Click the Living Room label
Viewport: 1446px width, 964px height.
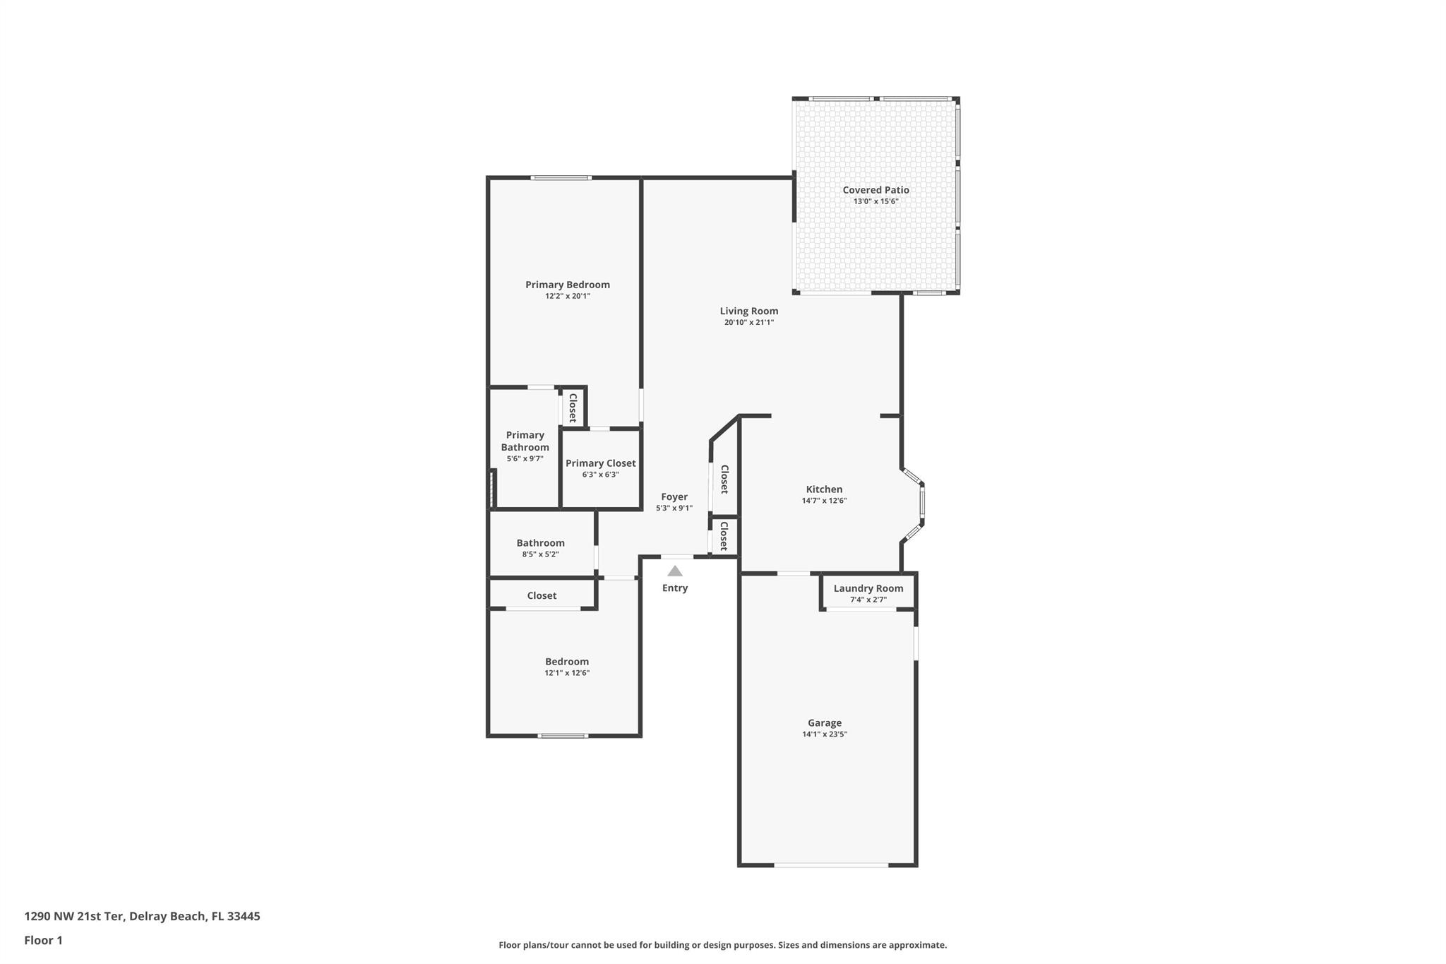tap(748, 311)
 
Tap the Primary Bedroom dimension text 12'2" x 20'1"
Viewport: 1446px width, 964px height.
tap(567, 297)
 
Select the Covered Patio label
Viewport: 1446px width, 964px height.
tap(876, 190)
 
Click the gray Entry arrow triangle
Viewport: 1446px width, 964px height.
tap(675, 571)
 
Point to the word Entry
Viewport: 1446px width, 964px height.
tap(675, 588)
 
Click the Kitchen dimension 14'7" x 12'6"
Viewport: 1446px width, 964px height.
tap(824, 501)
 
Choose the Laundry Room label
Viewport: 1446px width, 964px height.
tap(868, 588)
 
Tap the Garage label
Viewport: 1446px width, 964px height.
tap(824, 722)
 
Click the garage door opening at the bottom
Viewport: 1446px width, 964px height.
tap(830, 864)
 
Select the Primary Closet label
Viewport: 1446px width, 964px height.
tap(600, 463)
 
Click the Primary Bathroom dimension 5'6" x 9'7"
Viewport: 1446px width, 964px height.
tap(525, 459)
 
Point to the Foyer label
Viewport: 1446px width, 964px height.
tap(674, 496)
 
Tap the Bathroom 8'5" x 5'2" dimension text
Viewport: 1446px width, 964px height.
tap(540, 554)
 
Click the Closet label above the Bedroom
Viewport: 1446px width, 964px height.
tap(542, 595)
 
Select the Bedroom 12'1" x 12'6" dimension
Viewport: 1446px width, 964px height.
tap(566, 673)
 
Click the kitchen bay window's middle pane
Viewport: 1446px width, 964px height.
tap(922, 504)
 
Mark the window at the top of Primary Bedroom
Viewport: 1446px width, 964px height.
tap(561, 178)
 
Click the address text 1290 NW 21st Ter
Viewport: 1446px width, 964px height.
tap(74, 916)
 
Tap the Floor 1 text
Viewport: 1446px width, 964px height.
tap(43, 940)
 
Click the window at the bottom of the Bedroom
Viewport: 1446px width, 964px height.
tap(563, 736)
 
